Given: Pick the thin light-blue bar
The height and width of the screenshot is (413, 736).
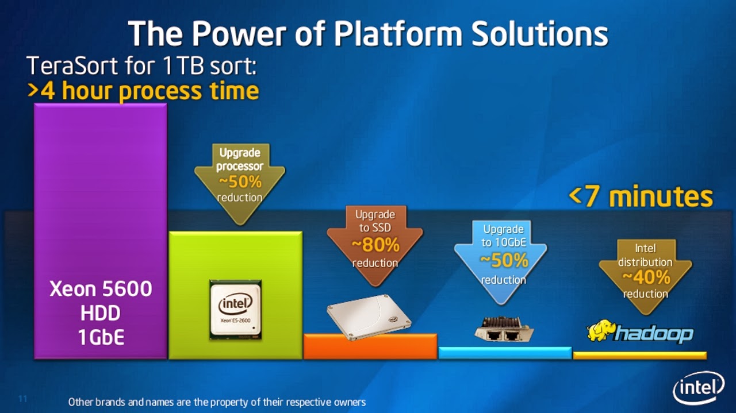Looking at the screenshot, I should [505, 353].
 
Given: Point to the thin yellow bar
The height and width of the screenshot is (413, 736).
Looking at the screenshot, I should [639, 356].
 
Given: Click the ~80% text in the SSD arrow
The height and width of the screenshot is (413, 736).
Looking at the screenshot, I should [375, 245].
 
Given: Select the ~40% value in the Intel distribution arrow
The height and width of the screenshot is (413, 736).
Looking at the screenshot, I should [646, 278].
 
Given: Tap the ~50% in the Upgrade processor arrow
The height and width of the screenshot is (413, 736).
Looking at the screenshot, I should [240, 182].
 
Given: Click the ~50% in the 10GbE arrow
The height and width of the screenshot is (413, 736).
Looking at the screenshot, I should [504, 261].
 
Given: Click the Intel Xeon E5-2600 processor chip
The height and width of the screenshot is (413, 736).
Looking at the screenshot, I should [235, 310].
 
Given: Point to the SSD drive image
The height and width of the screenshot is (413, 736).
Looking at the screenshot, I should [369, 316].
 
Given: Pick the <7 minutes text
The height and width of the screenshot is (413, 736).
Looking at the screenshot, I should [641, 197].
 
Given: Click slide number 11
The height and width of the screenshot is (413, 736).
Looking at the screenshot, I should [24, 398].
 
